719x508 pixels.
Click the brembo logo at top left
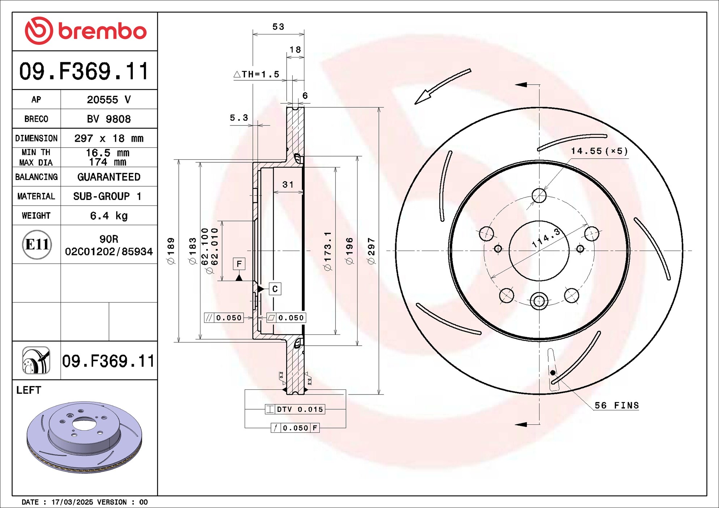[x=85, y=31]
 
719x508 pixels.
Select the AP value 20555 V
[x=109, y=99]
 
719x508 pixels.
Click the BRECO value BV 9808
[x=109, y=119]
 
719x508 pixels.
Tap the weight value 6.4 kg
[x=109, y=216]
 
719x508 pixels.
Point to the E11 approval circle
[x=37, y=244]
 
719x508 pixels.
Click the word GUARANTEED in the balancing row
[x=109, y=177]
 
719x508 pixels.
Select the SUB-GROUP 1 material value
[x=107, y=196]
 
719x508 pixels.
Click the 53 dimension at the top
[x=278, y=27]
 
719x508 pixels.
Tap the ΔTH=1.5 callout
[x=257, y=74]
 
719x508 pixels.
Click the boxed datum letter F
[x=239, y=264]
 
